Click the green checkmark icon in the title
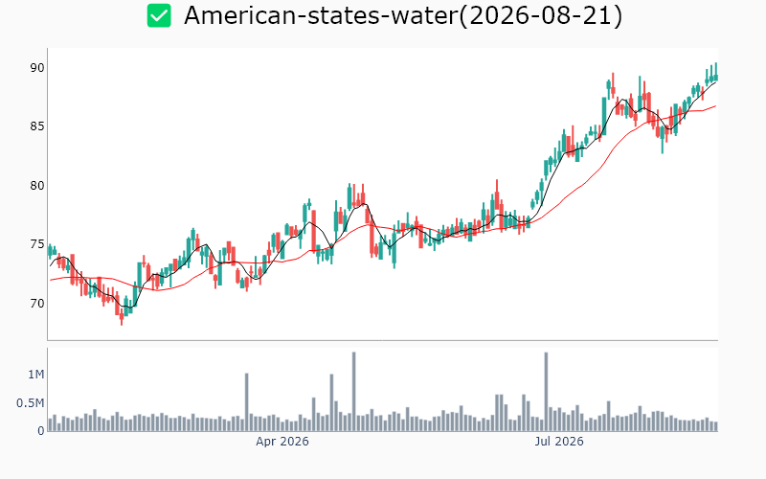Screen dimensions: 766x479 [x=159, y=15]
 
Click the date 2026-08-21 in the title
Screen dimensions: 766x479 [x=541, y=15]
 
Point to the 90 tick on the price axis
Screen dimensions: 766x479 [x=37, y=68]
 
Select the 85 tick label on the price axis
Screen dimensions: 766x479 [x=37, y=126]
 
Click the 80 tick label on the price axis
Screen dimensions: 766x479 [x=37, y=186]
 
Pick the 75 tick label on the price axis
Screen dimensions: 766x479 [x=37, y=244]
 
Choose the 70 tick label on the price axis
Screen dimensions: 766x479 [x=37, y=304]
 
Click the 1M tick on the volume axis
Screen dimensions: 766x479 [x=36, y=375]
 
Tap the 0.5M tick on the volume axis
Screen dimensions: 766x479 [x=31, y=403]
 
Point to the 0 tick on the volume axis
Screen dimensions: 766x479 [x=41, y=431]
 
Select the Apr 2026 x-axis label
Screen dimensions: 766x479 [x=282, y=442]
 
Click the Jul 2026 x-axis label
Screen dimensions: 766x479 [x=559, y=442]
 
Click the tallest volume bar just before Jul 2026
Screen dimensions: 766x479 [x=546, y=392]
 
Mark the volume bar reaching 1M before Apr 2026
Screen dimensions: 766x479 [x=247, y=402]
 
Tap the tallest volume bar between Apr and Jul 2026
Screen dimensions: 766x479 [x=353, y=392]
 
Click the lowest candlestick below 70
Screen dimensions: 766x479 [x=122, y=317]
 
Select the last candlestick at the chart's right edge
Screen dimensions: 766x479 [x=716, y=77]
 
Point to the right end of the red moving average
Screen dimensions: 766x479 [x=716, y=105]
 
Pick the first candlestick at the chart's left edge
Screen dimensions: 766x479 [x=50, y=251]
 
